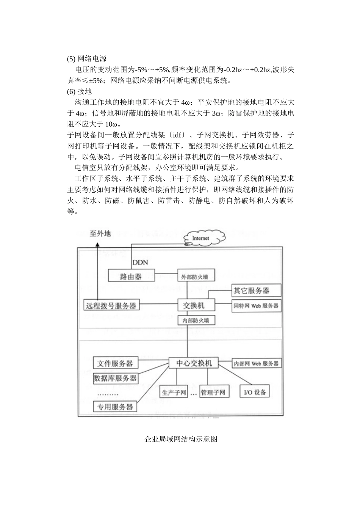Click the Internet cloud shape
tap(201, 238)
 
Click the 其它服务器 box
tap(256, 291)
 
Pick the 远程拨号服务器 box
tap(111, 305)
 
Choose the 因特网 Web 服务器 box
tap(256, 306)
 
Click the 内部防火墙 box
tap(196, 320)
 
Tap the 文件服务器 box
tap(115, 363)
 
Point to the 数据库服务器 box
tap(115, 378)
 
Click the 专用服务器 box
tap(115, 407)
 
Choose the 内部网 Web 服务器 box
tap(256, 363)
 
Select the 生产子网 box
tap(174, 392)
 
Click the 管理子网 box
tap(213, 392)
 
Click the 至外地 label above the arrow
tap(100, 234)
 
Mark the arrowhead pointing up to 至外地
tap(97, 245)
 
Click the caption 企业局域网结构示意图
tap(181, 440)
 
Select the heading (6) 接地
tap(80, 91)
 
